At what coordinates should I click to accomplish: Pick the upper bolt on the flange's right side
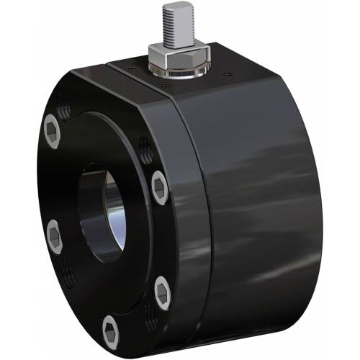[x=160, y=188]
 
